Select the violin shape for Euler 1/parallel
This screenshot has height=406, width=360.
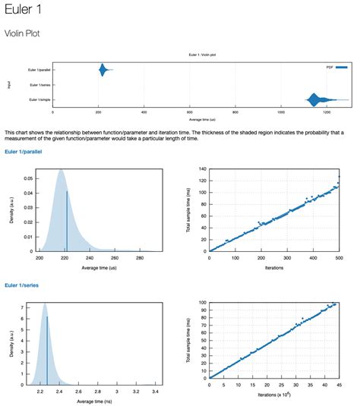click(103, 71)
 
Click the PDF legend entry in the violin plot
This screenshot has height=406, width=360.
click(330, 67)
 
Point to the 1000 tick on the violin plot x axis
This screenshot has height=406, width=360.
click(281, 112)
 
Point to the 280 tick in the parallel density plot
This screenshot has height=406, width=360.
click(140, 258)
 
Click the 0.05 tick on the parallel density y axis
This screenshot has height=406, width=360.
click(28, 178)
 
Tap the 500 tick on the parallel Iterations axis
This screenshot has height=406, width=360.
click(339, 258)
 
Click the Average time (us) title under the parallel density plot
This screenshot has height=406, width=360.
click(96, 268)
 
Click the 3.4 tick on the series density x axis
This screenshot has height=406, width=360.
click(155, 392)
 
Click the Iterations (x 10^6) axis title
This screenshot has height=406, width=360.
click(273, 396)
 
